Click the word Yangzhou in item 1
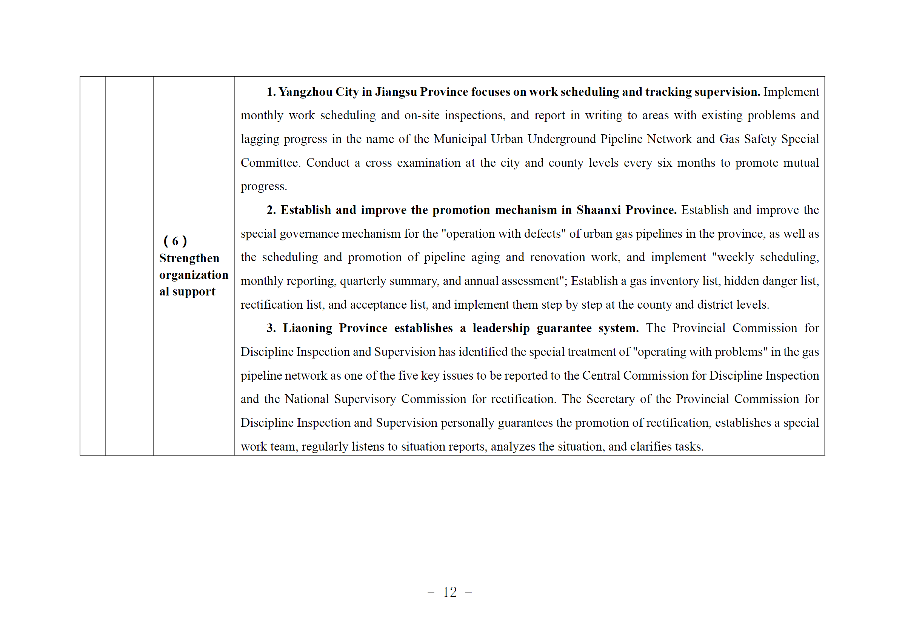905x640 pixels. [305, 92]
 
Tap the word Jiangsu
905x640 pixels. [396, 92]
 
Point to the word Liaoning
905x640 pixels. [308, 328]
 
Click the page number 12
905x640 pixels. [450, 592]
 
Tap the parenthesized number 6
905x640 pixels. [175, 241]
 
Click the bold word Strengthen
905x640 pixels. [189, 258]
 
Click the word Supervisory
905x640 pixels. [365, 399]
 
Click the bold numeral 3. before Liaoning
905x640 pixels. [271, 328]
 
